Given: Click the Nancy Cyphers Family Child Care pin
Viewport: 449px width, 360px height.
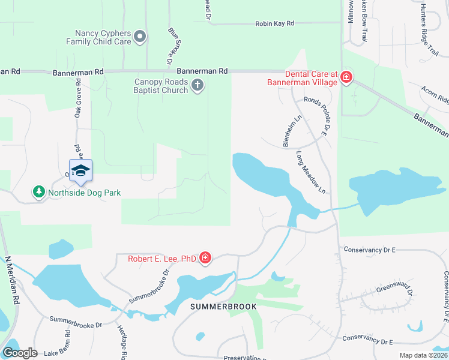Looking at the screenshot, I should click(140, 37).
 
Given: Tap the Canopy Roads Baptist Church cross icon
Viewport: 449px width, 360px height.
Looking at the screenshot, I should click(197, 86).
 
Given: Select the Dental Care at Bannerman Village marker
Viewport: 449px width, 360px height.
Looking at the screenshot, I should click(346, 77).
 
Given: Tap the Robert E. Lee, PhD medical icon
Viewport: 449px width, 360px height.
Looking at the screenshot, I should click(205, 259).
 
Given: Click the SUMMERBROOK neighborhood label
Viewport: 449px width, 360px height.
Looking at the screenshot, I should click(223, 307).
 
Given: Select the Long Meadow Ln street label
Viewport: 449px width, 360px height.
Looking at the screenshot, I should click(310, 172).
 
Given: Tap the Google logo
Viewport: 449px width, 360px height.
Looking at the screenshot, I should click(20, 353).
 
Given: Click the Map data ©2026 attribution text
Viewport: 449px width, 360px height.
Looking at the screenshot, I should click(423, 355).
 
